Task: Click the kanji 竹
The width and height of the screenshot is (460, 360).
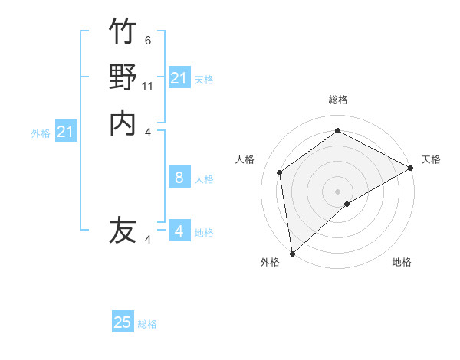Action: [x=123, y=31]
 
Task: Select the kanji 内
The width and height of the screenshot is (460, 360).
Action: [x=123, y=123]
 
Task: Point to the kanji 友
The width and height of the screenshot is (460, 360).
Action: [x=123, y=230]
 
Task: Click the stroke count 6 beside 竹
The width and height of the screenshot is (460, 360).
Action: [x=148, y=40]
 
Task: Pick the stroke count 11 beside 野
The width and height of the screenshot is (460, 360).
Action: [x=148, y=86]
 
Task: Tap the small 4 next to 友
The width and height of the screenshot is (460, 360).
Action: [x=148, y=240]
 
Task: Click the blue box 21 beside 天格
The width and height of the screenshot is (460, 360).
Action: [x=179, y=78]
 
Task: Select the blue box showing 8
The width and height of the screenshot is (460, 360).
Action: [x=179, y=178]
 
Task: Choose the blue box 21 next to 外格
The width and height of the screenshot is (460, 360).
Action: [x=66, y=132]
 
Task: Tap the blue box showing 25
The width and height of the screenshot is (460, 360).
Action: [x=123, y=322]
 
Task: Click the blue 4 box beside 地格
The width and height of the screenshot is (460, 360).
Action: [x=179, y=231]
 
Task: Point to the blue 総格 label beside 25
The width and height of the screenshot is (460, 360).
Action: [x=147, y=324]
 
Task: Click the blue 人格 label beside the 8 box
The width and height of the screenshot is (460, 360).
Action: [x=204, y=179]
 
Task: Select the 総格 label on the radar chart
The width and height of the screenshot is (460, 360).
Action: [x=338, y=100]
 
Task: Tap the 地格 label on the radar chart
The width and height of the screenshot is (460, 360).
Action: [x=402, y=262]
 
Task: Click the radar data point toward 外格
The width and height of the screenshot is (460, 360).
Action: [x=292, y=254]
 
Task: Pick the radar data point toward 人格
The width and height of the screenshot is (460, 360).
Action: [x=280, y=172]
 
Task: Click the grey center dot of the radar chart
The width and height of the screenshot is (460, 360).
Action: [x=338, y=191]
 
